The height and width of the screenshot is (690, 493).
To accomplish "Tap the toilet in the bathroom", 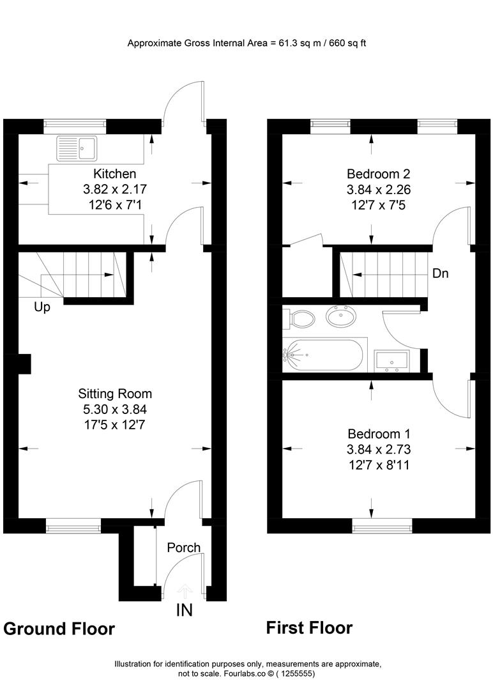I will [x=301, y=317].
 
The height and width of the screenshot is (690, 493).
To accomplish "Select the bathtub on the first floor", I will [x=325, y=355].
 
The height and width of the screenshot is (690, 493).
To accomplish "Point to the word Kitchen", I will [x=115, y=174].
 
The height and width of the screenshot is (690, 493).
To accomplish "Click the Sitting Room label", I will [x=115, y=394].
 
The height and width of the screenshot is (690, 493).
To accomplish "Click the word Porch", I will [x=183, y=548].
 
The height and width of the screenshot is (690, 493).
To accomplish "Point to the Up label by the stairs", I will [x=42, y=307].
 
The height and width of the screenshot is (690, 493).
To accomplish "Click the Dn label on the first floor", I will [x=440, y=273].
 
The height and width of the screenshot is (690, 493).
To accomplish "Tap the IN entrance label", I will [x=184, y=610].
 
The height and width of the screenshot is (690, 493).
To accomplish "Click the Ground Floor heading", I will [x=59, y=629].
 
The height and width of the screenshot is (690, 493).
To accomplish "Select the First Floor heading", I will [x=309, y=627].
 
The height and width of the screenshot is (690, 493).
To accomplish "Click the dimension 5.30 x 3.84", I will [x=115, y=410].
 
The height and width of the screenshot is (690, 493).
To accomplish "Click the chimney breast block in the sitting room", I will [x=24, y=364].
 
